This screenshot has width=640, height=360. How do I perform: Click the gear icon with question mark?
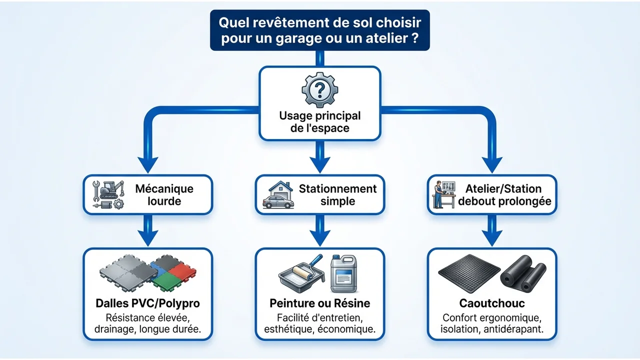319,89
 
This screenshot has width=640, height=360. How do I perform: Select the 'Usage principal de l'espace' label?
319,121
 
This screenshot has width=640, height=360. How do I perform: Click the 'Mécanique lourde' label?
164,195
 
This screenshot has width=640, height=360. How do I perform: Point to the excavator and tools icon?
108,194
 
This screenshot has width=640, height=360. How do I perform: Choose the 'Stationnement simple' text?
337,195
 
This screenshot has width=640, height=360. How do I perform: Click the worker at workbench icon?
444,194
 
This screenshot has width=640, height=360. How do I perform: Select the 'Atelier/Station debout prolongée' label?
504,195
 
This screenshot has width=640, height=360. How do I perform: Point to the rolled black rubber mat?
523,273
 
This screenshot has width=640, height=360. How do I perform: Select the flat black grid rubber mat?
469,273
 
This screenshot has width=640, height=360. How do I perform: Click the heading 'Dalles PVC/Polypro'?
147,303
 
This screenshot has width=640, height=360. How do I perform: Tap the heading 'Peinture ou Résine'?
319,303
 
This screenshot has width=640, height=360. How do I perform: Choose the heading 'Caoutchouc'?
492,303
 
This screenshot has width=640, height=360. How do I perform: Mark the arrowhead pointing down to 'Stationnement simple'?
320,164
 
